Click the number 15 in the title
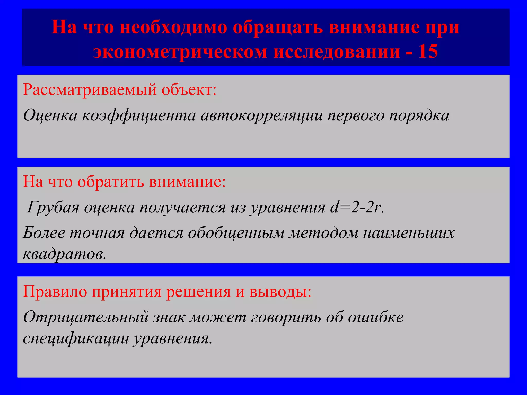pos(428,51)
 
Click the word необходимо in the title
pos(173,27)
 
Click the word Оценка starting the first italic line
pos(50,115)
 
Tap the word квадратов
pos(64,254)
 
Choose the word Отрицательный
pos(86,317)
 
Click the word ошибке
pos(376,317)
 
